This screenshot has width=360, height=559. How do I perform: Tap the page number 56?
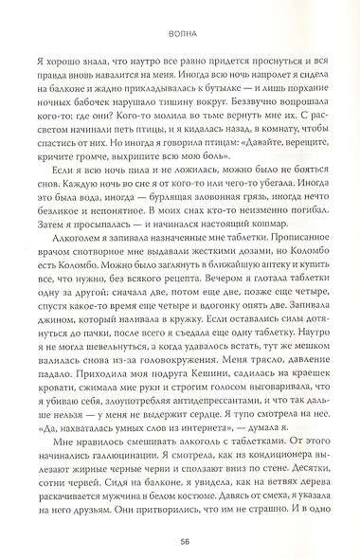point(180,541)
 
